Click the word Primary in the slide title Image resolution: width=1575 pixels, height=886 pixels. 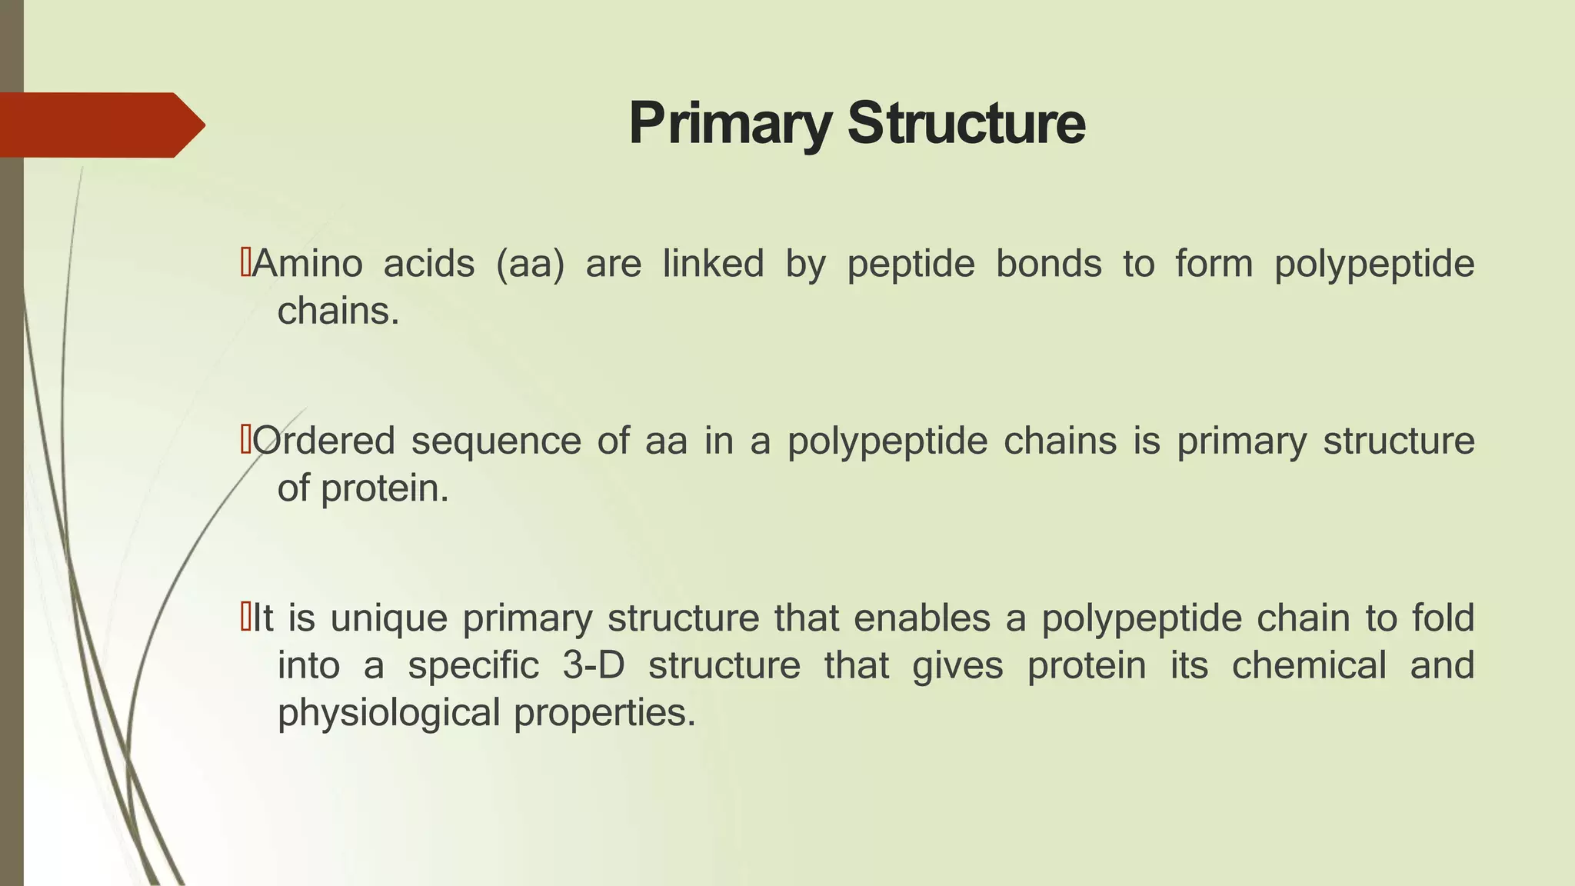coord(729,124)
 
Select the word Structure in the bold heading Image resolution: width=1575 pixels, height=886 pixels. coord(967,124)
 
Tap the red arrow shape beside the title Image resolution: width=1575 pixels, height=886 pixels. coord(100,125)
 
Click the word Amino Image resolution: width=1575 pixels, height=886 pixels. coord(308,264)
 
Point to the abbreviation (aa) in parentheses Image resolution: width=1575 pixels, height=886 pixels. coord(530,264)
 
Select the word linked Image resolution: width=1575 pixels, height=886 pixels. coord(713,264)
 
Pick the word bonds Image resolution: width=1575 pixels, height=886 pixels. coord(1049,264)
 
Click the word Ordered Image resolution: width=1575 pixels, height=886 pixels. coord(324,441)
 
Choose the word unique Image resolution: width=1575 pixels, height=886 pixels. coord(388,618)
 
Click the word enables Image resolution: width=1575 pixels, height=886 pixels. coord(921,618)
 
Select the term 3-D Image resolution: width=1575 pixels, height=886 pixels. coord(593,665)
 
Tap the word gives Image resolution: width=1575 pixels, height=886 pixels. coord(957,665)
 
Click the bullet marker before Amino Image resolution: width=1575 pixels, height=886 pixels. coord(245,263)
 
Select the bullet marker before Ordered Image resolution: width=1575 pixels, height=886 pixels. coord(245,441)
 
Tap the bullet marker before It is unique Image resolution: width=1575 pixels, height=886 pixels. coord(245,618)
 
